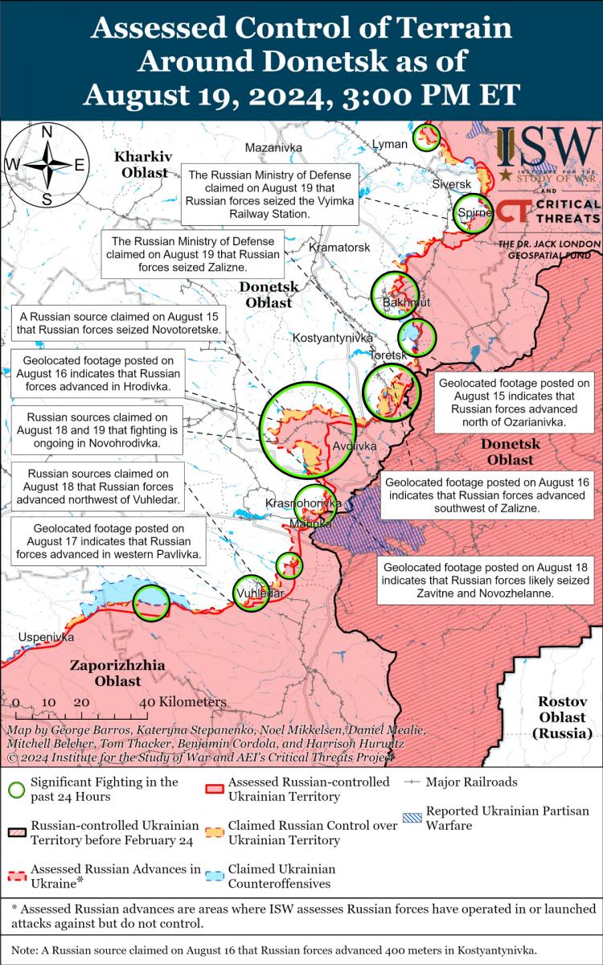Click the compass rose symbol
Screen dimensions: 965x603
[x=47, y=165]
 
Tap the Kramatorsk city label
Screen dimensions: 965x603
[x=340, y=248]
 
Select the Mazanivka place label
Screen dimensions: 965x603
[x=273, y=147]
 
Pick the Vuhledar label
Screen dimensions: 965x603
[x=260, y=593]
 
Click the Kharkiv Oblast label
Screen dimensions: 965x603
[x=141, y=163]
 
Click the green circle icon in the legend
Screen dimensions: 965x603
[x=16, y=789]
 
